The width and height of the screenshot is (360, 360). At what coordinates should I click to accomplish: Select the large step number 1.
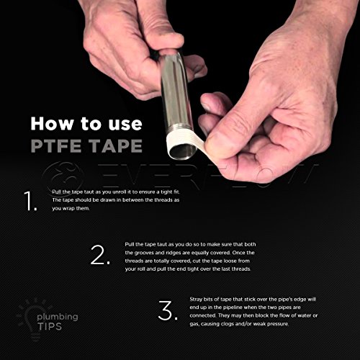pos(30,204)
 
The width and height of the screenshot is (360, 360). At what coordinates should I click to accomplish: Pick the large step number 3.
pos(166,311)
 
